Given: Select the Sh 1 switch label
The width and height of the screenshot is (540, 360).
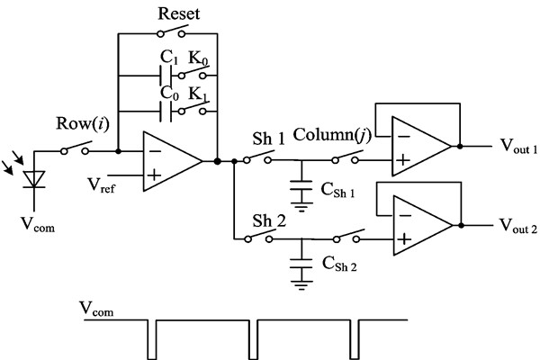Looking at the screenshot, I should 268,139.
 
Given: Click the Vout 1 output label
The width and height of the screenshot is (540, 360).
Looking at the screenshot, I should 517,148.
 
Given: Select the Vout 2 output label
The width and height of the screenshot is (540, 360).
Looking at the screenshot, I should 517,225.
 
